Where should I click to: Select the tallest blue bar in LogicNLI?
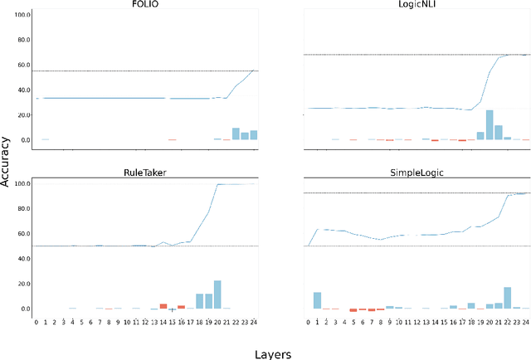point(490,124)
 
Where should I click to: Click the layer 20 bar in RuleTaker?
point(217,294)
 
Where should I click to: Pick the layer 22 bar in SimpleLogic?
point(507,298)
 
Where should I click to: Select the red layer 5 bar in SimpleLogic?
point(353,310)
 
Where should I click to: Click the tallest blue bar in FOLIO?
point(236,134)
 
